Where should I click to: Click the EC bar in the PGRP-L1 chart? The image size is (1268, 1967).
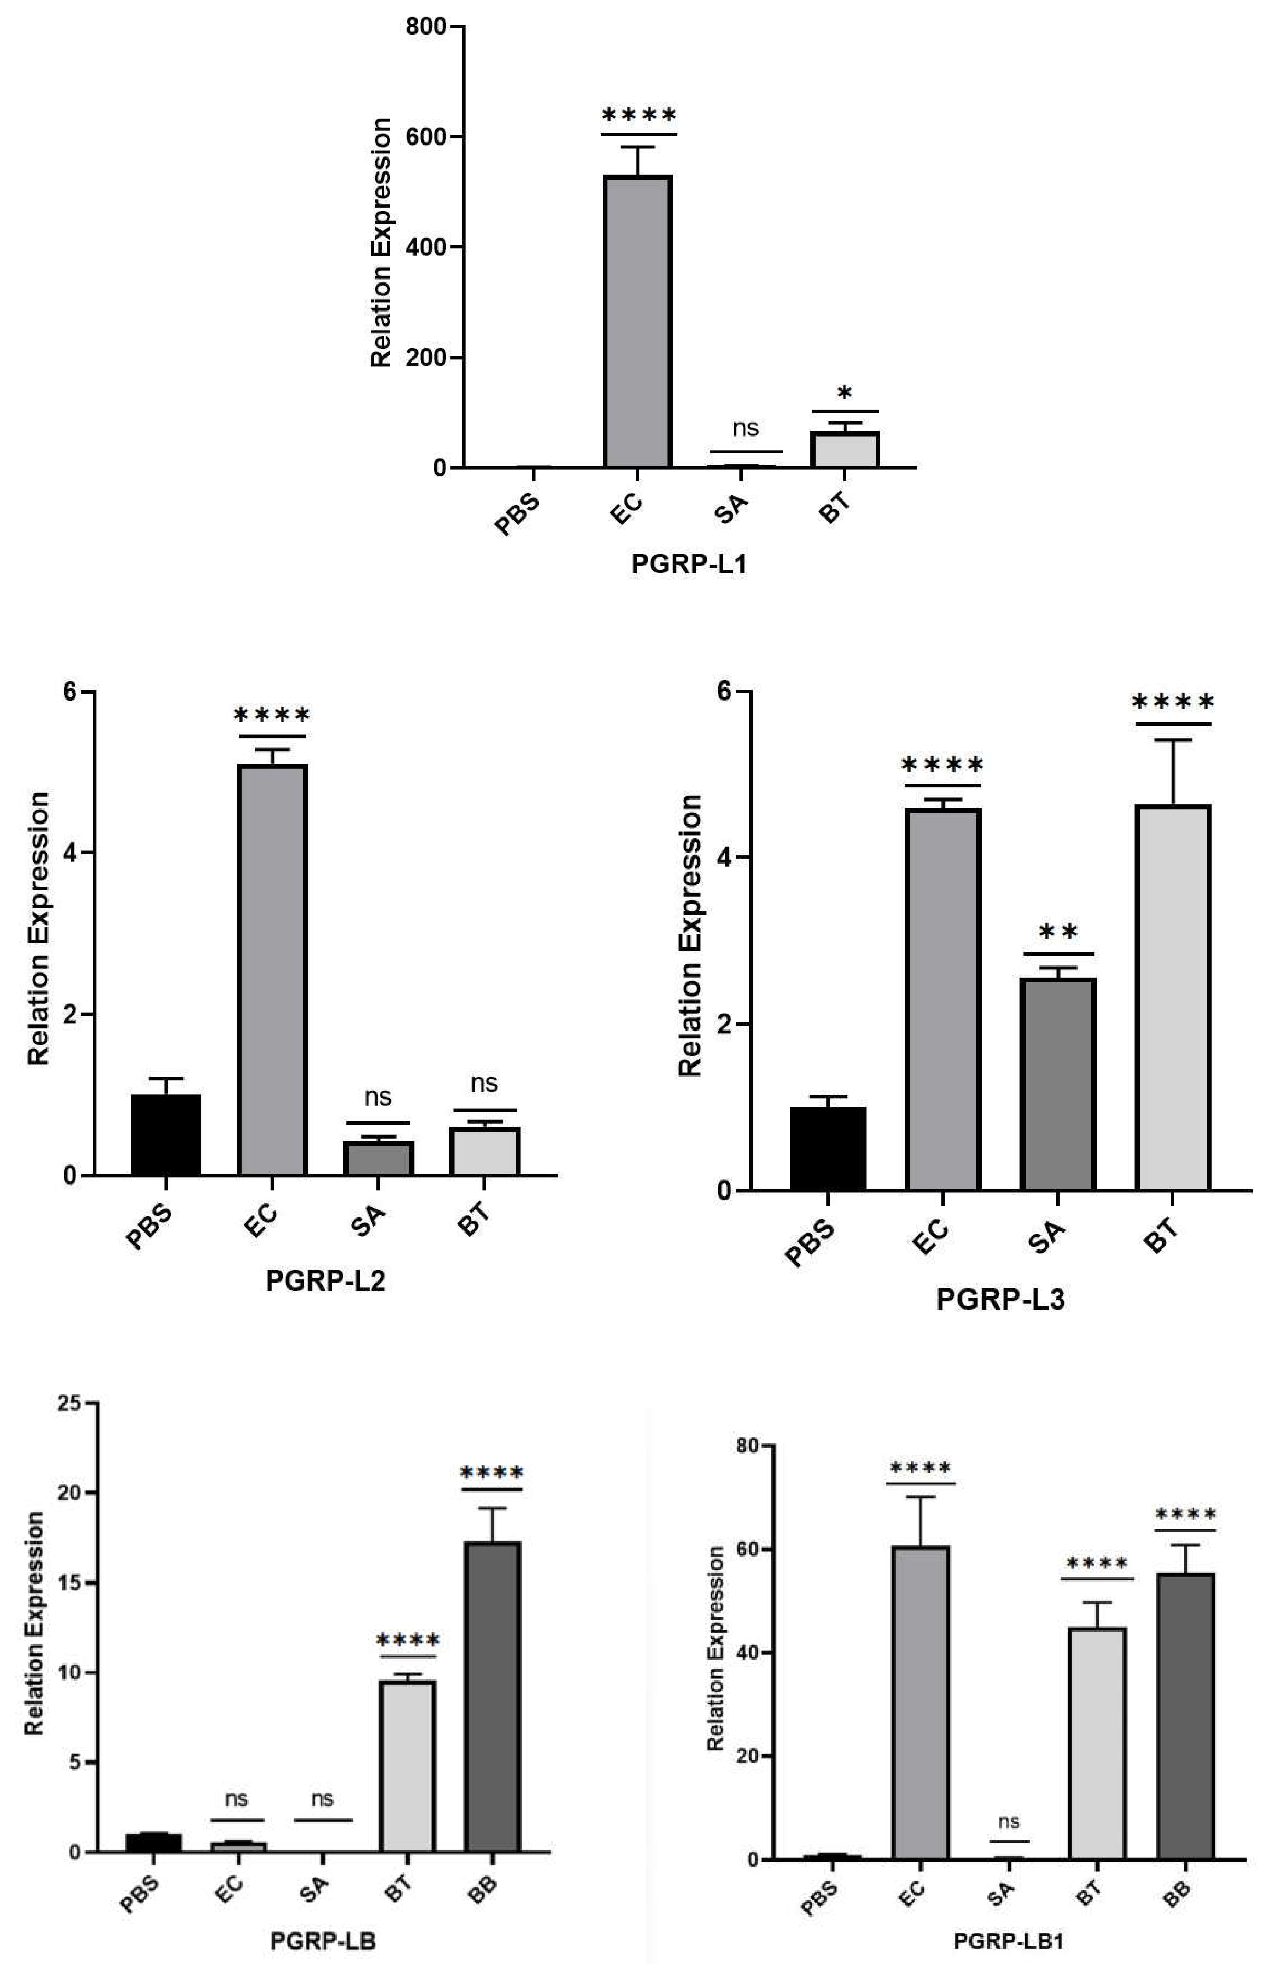pos(638,321)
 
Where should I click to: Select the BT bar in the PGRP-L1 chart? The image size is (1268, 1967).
pos(845,450)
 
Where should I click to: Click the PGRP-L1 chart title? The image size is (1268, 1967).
pos(689,564)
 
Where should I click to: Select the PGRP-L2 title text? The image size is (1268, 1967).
pos(325,1282)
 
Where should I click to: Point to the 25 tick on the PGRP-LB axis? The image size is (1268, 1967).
pos(72,1403)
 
